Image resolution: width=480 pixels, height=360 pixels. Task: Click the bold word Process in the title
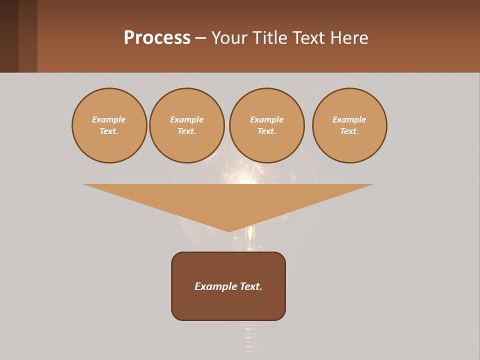coord(157,38)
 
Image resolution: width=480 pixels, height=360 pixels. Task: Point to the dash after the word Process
coord(200,38)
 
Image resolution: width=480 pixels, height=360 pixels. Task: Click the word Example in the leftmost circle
coord(109,119)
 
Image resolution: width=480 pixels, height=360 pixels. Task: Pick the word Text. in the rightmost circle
coord(349,131)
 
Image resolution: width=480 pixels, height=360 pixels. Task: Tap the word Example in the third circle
coord(266,119)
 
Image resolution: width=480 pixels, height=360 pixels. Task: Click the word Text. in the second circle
coord(187,131)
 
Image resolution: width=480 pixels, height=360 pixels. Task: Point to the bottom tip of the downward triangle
coord(229,230)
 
